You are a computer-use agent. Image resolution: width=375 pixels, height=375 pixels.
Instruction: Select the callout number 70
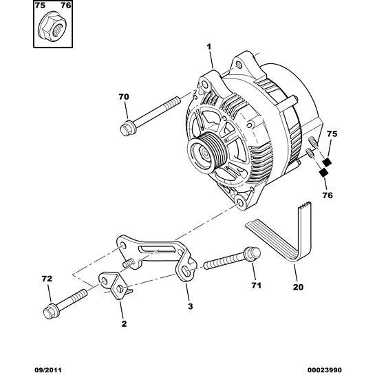[x=124, y=97]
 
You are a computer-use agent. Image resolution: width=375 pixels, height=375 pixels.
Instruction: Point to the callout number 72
[x=46, y=280]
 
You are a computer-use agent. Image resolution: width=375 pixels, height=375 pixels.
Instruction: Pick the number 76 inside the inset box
[x=65, y=6]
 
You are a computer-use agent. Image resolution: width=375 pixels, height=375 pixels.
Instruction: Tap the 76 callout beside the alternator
[x=327, y=195]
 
